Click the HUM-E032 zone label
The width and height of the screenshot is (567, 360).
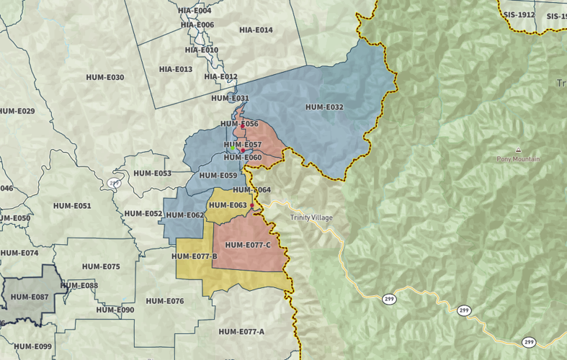pos(324,107)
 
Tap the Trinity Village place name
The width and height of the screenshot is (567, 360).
pos(311,217)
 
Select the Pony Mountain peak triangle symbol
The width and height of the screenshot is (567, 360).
pos(517,149)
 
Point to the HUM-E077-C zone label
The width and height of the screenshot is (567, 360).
pos(248,245)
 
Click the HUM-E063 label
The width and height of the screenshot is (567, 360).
pos(228,205)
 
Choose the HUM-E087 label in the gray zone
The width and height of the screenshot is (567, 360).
pos(30,297)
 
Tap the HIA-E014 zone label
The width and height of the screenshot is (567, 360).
pos(256,30)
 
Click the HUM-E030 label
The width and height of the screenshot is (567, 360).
pos(105,78)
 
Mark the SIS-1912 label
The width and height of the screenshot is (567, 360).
pos(519,14)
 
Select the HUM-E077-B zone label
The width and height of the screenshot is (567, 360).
pos(195,256)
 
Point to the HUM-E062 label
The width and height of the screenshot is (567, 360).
pos(185,215)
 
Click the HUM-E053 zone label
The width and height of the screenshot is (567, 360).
pos(152,174)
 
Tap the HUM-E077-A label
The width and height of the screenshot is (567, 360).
pos(241,331)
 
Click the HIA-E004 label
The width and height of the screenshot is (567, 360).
pos(195,11)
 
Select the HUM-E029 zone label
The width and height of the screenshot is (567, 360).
pos(17,111)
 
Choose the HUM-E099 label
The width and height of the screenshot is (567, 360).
pos(33,346)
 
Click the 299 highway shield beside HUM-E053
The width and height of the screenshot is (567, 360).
pos(114,183)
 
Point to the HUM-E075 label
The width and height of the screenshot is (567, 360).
pos(101,266)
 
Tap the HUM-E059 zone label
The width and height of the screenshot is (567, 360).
pos(218,176)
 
